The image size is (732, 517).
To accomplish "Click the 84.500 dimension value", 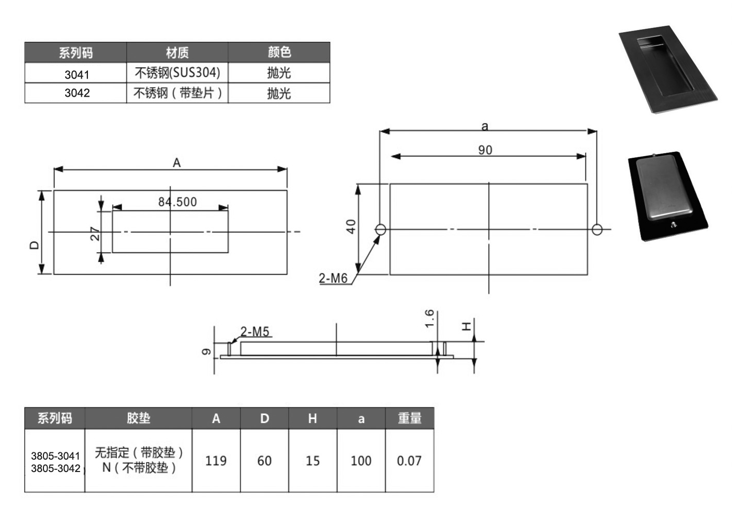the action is pos(177,202).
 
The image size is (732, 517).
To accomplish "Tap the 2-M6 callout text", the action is pos(333,278).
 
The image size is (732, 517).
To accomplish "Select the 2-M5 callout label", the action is pos(255,332).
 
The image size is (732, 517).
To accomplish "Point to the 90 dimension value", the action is pos(485,150).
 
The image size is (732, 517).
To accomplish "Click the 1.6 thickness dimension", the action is pos(429,318).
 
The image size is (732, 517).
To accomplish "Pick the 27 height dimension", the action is pos(95,234).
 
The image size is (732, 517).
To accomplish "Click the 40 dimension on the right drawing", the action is pos(351,226).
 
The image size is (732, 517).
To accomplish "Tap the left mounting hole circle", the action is pos(380,230).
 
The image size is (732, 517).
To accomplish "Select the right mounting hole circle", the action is pos(597,230).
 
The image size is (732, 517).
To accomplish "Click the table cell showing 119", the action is pos(216,461).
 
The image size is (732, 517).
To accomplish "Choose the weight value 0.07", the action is pos(409,461).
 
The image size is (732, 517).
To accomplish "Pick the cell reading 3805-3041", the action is pos(55,455).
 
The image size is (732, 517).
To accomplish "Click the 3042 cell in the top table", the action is pos(77,93).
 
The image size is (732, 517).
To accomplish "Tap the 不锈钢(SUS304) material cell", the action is pos(177,72).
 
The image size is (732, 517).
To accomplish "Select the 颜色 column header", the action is pos(279,52).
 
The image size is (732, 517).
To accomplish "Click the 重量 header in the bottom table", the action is pos(410,418).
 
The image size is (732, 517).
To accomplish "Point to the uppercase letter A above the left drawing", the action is pos(177,163).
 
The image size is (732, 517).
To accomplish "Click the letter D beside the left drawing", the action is pos(34,245).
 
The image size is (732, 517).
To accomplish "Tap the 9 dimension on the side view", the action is pos(206,352).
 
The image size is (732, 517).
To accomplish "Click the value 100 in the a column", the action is pos(361,461).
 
